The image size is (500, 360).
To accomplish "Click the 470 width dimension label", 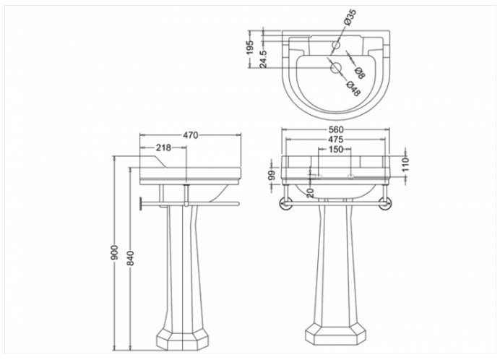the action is (190, 135).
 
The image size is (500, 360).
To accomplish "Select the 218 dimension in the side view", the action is (163, 147).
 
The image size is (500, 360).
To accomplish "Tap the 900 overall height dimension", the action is (115, 252).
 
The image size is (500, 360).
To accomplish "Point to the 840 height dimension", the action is (131, 258).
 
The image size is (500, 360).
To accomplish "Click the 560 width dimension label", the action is (336, 129).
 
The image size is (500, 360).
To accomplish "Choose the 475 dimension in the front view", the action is (336, 139).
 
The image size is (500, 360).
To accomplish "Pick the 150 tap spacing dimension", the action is (336, 149).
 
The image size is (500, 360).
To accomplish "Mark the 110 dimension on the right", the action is (405, 164).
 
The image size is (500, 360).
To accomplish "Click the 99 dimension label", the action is (272, 175).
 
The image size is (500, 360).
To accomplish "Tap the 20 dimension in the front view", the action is (311, 192).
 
